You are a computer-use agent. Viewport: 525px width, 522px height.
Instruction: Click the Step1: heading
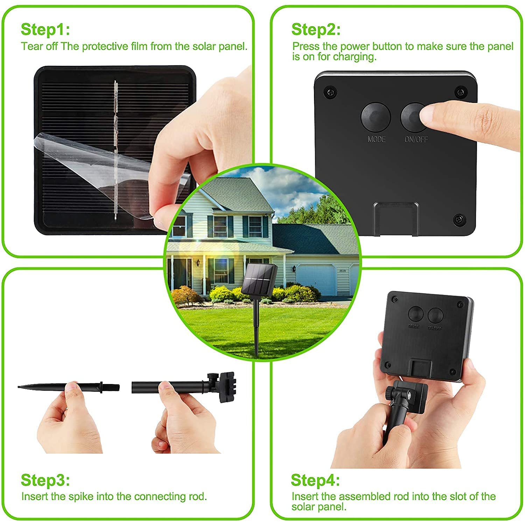coord(45,29)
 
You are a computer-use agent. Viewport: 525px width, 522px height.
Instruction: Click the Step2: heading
coord(316,29)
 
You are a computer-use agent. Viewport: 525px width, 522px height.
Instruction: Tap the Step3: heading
coord(45,480)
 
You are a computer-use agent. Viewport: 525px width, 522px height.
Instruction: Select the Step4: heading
coord(315,480)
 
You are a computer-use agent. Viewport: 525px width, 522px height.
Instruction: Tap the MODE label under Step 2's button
coord(377,139)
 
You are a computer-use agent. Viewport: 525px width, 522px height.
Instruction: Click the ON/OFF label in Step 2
coord(416,139)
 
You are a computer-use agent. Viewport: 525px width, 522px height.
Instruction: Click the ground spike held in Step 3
coord(52,388)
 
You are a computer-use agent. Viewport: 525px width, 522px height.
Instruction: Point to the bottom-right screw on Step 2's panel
coord(459,219)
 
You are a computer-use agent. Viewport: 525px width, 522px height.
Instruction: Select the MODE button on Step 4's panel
coord(415,314)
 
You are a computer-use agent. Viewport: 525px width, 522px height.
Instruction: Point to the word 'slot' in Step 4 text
coord(457,497)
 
